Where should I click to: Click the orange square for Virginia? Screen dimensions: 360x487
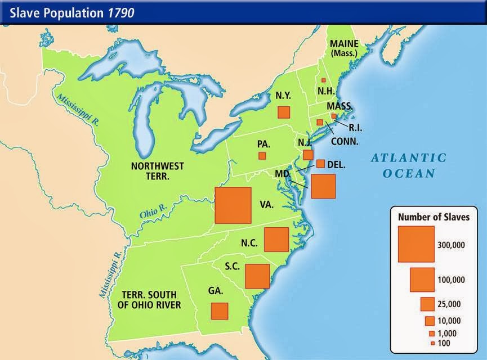pyautogui.click(x=233, y=205)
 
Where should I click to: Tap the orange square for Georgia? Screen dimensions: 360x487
pyautogui.click(x=220, y=310)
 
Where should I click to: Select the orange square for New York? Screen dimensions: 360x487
pyautogui.click(x=284, y=111)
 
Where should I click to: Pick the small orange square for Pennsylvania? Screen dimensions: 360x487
pyautogui.click(x=262, y=156)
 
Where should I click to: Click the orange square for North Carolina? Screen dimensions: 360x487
pyautogui.click(x=276, y=240)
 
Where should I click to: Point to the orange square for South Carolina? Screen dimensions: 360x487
pyautogui.click(x=258, y=276)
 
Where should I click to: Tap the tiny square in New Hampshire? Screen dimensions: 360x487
pyautogui.click(x=323, y=80)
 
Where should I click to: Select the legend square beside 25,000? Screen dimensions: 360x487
pyautogui.click(x=427, y=304)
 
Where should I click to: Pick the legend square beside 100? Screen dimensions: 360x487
pyautogui.click(x=432, y=343)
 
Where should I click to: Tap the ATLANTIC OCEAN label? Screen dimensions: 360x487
pyautogui.click(x=408, y=165)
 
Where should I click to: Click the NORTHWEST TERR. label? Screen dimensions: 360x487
pyautogui.click(x=158, y=171)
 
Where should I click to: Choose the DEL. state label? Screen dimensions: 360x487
pyautogui.click(x=336, y=165)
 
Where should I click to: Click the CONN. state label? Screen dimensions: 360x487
pyautogui.click(x=345, y=142)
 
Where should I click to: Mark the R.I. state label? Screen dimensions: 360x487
pyautogui.click(x=347, y=127)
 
